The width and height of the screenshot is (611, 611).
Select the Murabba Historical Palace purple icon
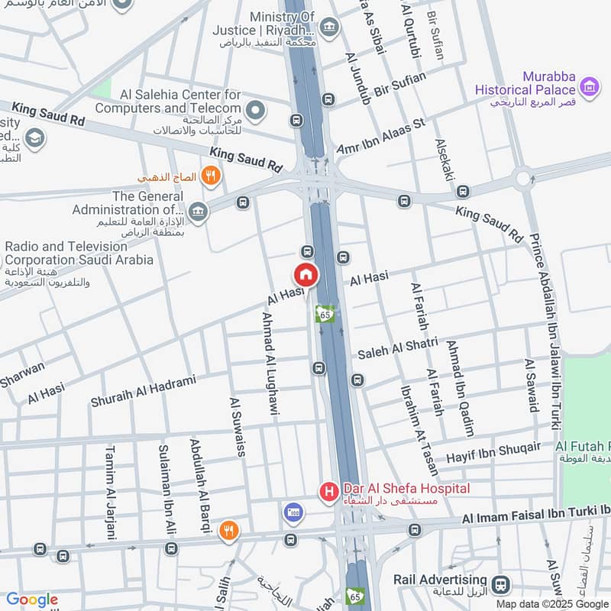pyautogui.click(x=589, y=88)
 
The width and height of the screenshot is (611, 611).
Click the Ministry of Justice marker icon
pyautogui.click(x=328, y=28)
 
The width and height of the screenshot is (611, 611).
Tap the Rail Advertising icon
pyautogui.click(x=501, y=584)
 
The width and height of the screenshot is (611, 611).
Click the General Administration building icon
pyautogui.click(x=198, y=212)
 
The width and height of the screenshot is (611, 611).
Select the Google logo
pyautogui.click(x=32, y=600)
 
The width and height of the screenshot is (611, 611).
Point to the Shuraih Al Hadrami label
pyautogui.click(x=143, y=390)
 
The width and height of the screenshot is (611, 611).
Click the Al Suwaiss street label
pyautogui.click(x=237, y=427)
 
